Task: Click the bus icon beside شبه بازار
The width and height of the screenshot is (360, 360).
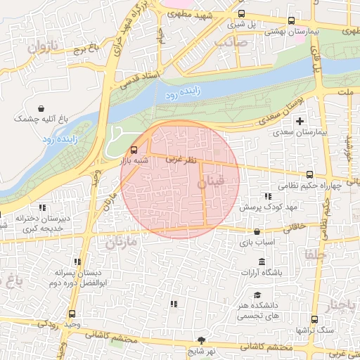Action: click(134, 149)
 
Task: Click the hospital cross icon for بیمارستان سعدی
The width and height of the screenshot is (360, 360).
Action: click(300, 122)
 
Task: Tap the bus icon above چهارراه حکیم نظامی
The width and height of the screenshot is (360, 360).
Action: click(309, 174)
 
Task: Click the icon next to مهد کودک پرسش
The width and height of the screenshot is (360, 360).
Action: click(267, 197)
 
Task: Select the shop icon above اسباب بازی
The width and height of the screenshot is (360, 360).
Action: click(257, 231)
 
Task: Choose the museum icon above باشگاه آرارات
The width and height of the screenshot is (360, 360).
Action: click(262, 262)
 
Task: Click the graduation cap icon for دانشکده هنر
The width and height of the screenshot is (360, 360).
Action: click(257, 295)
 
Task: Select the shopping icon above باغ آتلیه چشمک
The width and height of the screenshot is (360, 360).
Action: click(44, 109)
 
